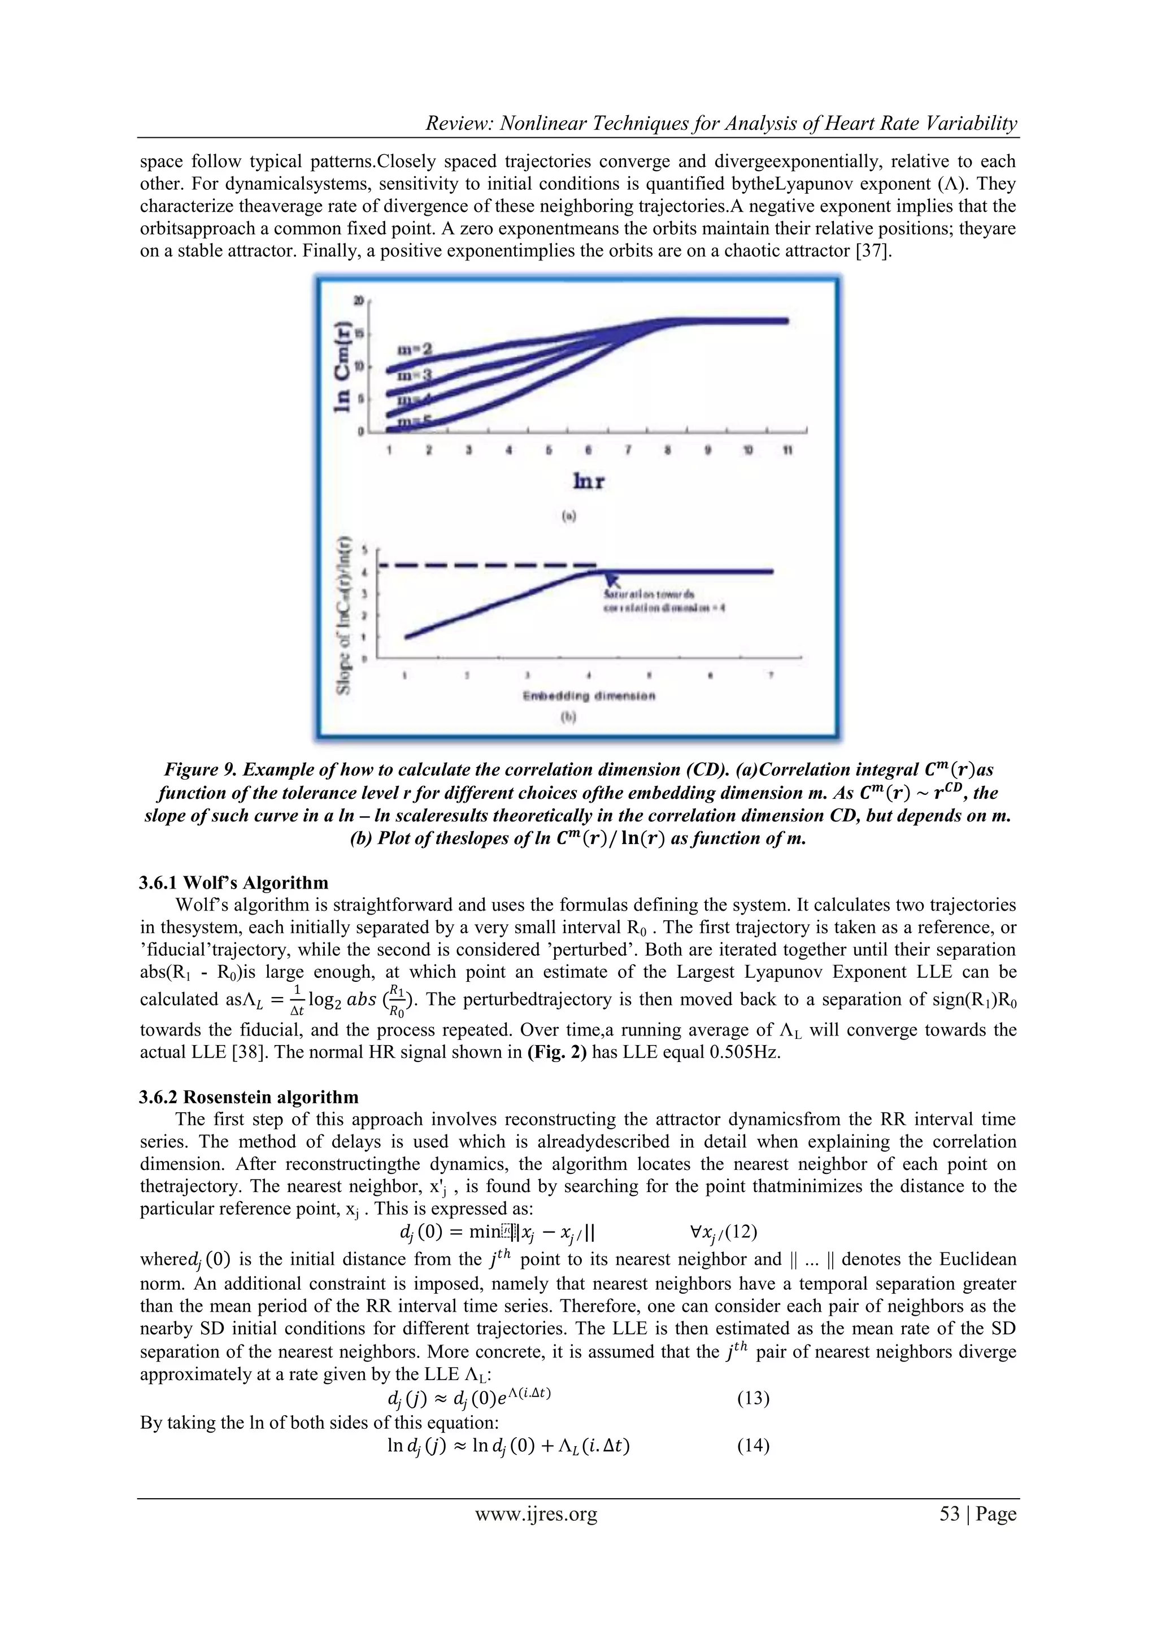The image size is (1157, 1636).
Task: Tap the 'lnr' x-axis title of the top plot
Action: pos(589,482)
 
